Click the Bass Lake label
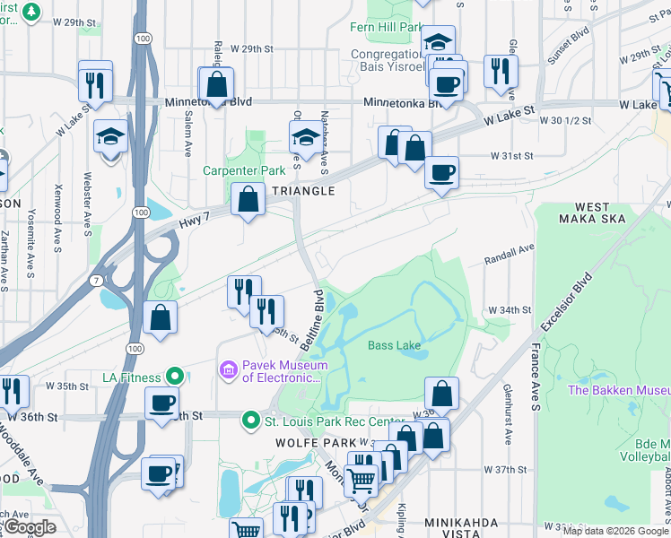pyautogui.click(x=394, y=344)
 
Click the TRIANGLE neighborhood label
pyautogui.click(x=303, y=191)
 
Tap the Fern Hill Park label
pyautogui.click(x=386, y=27)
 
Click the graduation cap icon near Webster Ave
pyautogui.click(x=111, y=137)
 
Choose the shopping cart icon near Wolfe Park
pyautogui.click(x=361, y=480)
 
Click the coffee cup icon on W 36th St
pyautogui.click(x=161, y=403)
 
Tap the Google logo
pyautogui.click(x=30, y=527)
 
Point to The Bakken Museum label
pyautogui.click(x=619, y=391)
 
